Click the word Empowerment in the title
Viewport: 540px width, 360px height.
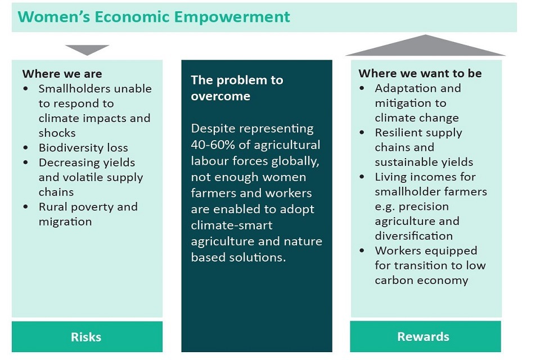[x=232, y=17]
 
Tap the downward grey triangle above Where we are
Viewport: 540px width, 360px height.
[x=87, y=49]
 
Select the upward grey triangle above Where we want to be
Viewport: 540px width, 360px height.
[x=426, y=46]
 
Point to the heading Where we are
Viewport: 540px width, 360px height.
[x=62, y=74]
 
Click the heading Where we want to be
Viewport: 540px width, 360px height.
[x=420, y=73]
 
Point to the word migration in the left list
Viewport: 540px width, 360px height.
[x=65, y=222]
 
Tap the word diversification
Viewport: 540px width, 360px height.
[x=414, y=236]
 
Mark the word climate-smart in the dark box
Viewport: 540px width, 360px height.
[x=232, y=226]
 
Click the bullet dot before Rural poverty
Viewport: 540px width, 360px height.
[x=26, y=206]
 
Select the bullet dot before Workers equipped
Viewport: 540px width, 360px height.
[x=362, y=250]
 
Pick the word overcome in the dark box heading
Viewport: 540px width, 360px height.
[x=220, y=96]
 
